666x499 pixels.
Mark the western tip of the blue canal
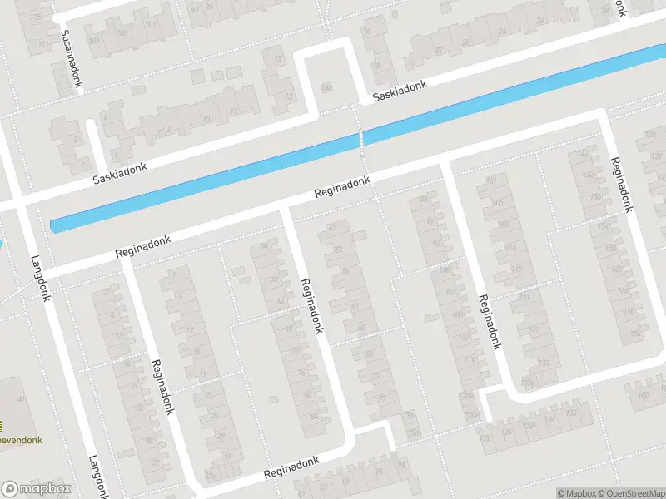53,225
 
